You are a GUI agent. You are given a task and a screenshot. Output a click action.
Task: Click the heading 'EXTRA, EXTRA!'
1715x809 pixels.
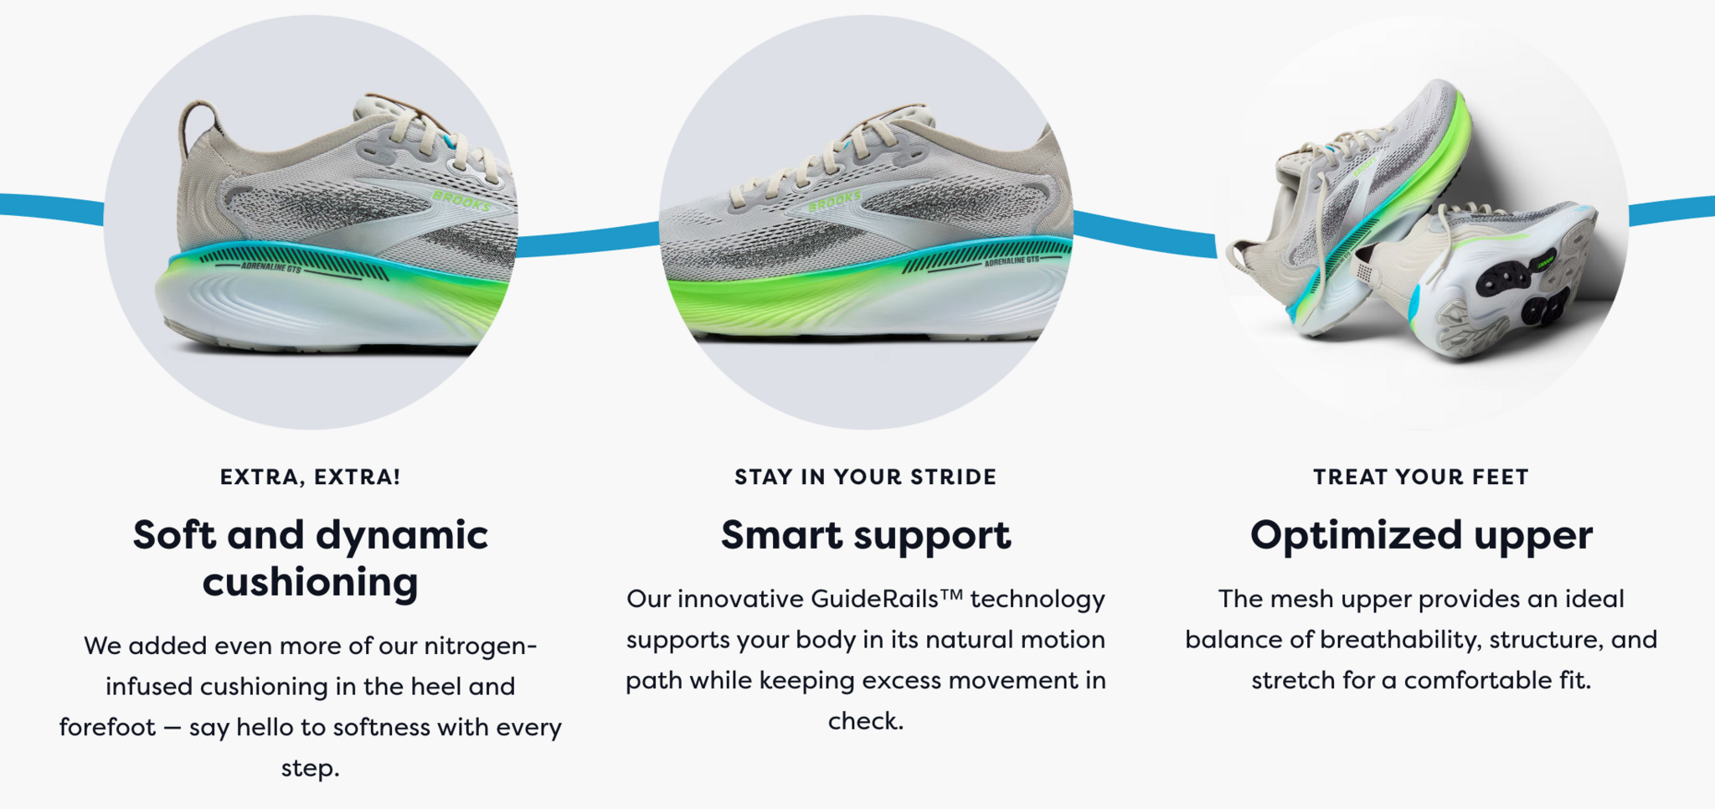pyautogui.click(x=310, y=477)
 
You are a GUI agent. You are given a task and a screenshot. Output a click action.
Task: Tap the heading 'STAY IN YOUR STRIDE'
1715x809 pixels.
pyautogui.click(x=866, y=477)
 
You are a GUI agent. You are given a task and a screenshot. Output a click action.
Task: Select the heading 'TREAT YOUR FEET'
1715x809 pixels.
pyautogui.click(x=1421, y=477)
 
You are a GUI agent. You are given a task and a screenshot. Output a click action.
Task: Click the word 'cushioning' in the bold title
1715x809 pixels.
pyautogui.click(x=310, y=581)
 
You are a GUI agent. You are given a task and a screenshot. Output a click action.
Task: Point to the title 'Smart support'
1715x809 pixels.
pyautogui.click(x=866, y=535)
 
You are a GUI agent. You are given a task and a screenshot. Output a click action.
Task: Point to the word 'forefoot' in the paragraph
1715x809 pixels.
pyautogui.click(x=107, y=727)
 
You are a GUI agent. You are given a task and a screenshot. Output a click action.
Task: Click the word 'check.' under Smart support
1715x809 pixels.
pyautogui.click(x=866, y=721)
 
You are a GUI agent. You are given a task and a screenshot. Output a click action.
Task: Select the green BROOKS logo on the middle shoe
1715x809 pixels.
pyautogui.click(x=835, y=201)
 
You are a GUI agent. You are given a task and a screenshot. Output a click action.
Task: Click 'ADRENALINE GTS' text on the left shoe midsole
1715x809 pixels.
pyautogui.click(x=270, y=267)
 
